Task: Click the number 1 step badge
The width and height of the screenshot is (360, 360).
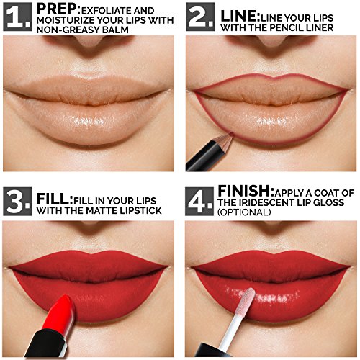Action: [17, 17]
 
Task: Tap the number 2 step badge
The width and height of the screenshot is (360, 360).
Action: [200, 17]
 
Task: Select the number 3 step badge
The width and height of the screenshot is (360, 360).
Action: [17, 202]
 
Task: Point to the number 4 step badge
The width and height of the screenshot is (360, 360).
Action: [199, 202]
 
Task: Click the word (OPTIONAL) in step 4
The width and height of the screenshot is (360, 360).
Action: [244, 212]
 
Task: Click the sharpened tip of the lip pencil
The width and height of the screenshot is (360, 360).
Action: [232, 133]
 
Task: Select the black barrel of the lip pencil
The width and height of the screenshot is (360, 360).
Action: [204, 156]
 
